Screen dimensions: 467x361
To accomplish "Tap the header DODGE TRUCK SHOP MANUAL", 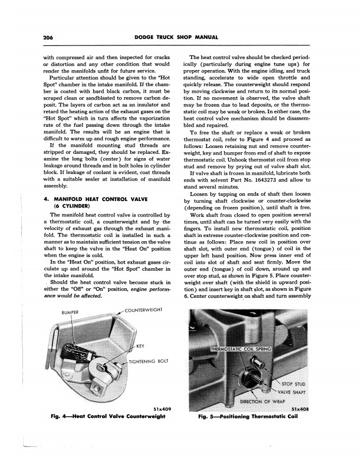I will (x=180, y=37).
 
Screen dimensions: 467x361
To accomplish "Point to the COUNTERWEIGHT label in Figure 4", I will (x=142, y=310).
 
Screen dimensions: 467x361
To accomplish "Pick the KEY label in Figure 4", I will (x=140, y=346).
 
